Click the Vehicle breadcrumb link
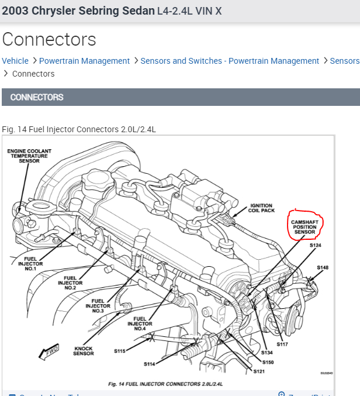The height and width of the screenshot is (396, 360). click(15, 61)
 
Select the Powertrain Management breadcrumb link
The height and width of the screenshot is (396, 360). click(84, 61)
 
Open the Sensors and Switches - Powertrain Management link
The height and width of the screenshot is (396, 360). click(230, 61)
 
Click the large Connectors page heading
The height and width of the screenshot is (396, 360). click(49, 39)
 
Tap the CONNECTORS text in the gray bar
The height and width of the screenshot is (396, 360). click(37, 97)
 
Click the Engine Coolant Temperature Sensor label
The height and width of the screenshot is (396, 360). click(29, 156)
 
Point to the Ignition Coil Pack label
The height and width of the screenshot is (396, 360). click(261, 209)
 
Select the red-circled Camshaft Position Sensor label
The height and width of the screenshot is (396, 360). click(304, 227)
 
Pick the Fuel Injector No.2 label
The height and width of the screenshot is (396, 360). click(70, 283)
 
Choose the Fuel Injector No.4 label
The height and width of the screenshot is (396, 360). click(140, 323)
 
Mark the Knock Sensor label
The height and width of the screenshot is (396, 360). click(84, 351)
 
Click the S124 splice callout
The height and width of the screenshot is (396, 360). click(315, 246)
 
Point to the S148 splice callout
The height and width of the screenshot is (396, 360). click(323, 268)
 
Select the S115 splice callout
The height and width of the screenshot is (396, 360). click(120, 352)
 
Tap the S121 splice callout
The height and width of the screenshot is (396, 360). click(259, 371)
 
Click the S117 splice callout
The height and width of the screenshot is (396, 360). click(282, 345)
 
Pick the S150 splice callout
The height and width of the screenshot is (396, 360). click(268, 362)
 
